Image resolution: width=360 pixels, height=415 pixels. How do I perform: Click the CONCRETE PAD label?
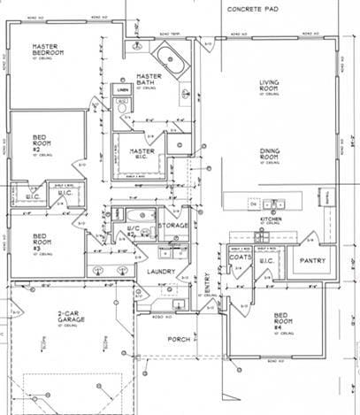coord(253,8)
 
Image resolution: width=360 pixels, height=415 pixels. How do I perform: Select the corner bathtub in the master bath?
coord(169,60)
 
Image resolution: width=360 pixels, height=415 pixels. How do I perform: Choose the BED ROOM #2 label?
coord(42,143)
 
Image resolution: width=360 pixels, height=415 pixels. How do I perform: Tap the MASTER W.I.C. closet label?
coord(142,155)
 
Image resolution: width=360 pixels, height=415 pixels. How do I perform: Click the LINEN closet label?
coord(123,89)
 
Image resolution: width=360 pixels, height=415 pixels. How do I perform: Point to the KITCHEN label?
coord(270,219)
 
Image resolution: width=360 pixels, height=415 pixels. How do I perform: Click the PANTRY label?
coord(314,261)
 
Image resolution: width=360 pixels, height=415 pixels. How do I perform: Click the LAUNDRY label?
coord(159,271)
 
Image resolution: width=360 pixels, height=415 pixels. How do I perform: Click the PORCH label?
coord(178,337)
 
